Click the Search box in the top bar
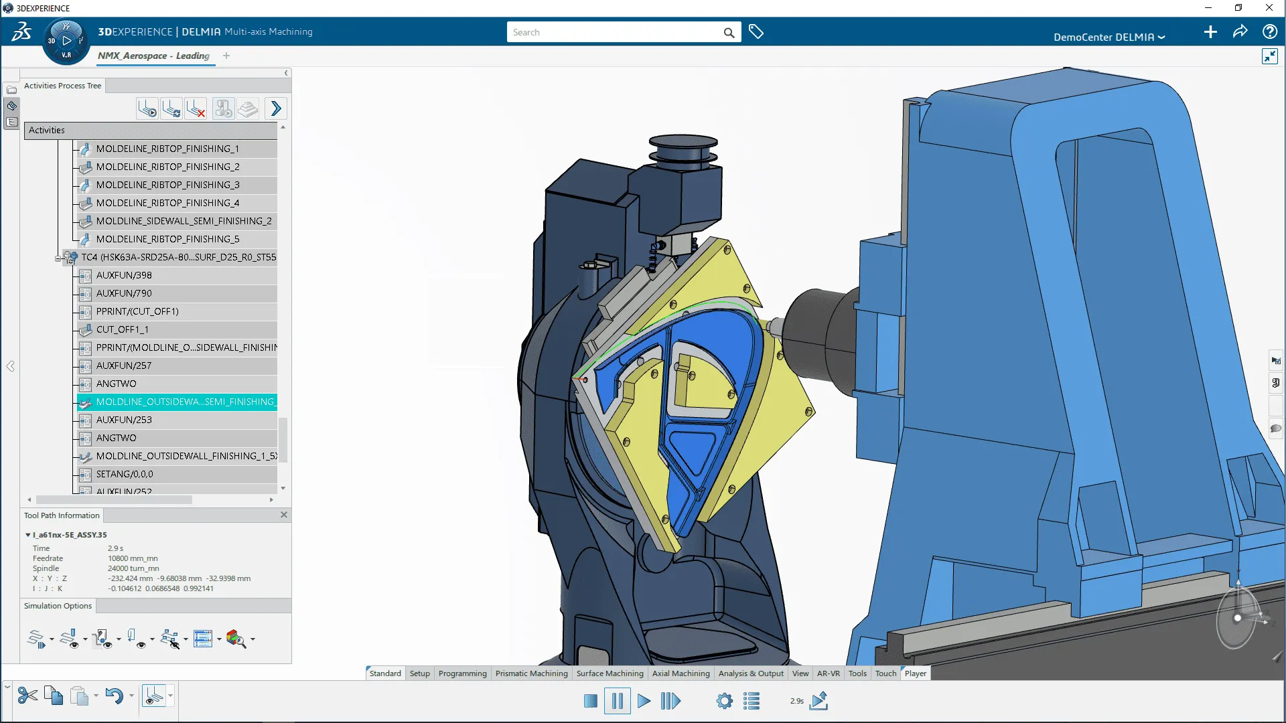pos(613,32)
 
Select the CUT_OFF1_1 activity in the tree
pos(123,329)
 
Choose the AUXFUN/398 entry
pos(124,275)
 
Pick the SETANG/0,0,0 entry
pos(125,474)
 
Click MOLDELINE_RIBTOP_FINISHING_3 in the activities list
pos(167,185)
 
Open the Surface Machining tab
pos(610,673)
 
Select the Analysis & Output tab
pos(750,673)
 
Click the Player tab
pos(915,673)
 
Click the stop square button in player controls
pos(590,701)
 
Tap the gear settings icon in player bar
pos(724,701)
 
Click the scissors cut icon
pos(27,696)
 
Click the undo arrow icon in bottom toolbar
pos(114,696)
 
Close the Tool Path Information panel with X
pos(284,515)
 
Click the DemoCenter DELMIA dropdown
pos(1109,37)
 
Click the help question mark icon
pos(1269,31)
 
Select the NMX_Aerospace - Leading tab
pos(153,56)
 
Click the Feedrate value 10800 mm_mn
pos(133,558)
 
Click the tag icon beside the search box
pos(756,31)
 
